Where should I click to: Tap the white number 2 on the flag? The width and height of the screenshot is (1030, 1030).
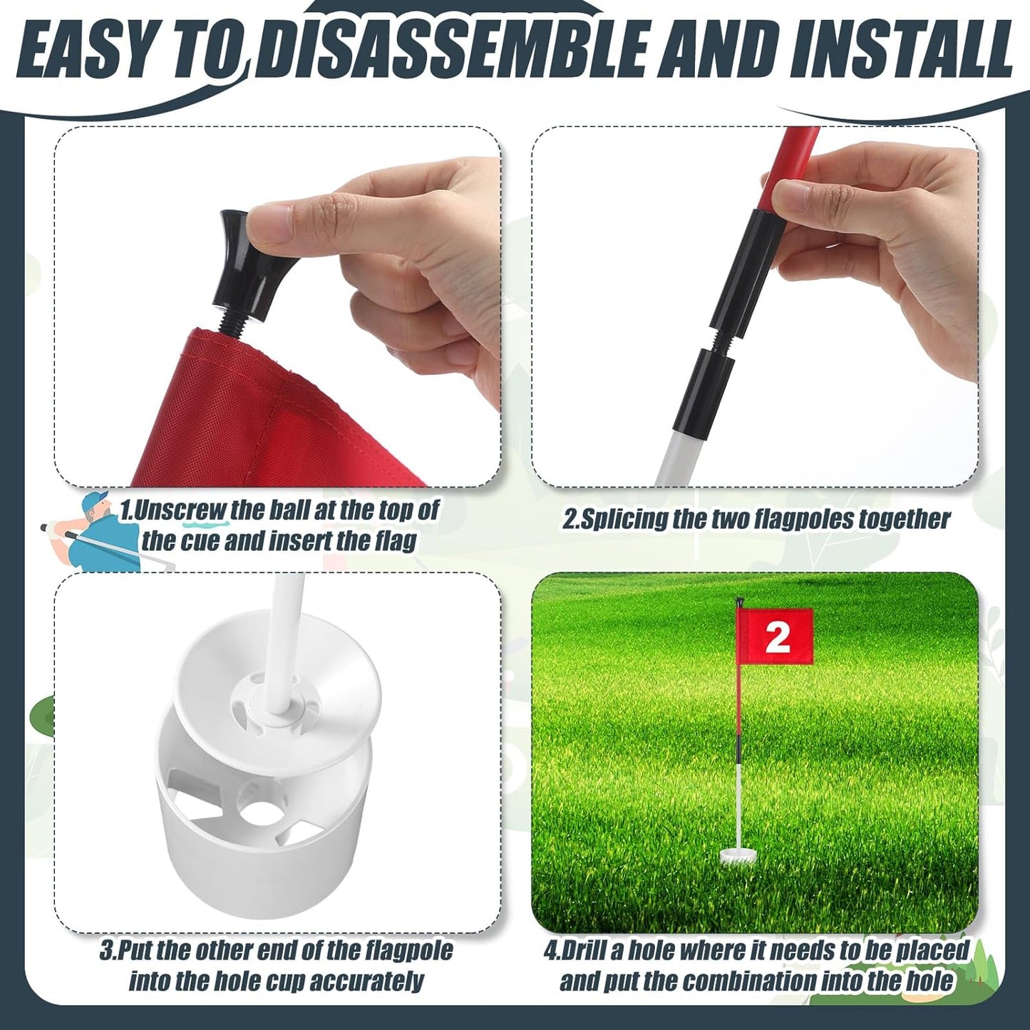click(x=778, y=636)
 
